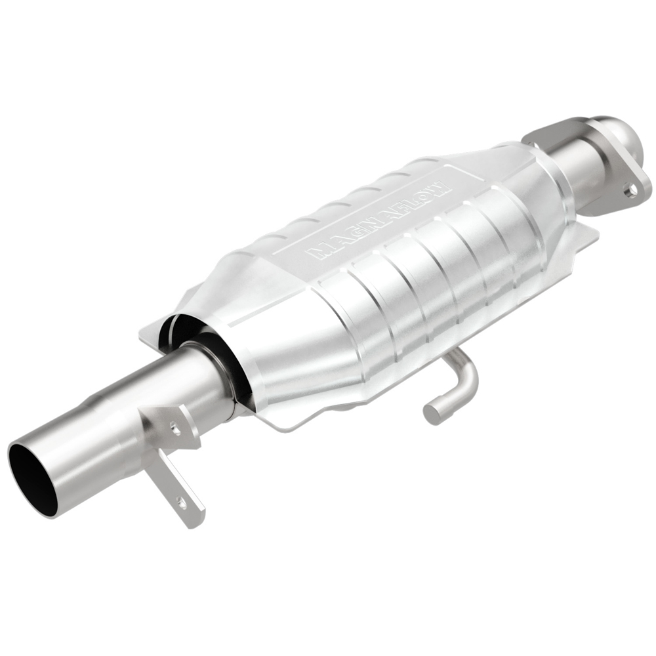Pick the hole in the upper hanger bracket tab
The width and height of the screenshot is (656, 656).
(x=175, y=427)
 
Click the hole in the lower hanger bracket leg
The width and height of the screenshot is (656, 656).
(x=182, y=504)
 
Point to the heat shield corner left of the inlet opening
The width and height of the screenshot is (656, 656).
(x=148, y=331)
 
